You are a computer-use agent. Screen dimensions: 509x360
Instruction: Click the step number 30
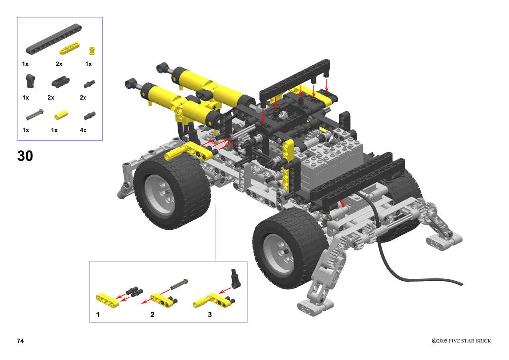25,156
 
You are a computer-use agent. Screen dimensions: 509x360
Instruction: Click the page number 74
20,341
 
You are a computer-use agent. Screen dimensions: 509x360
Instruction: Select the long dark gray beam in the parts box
54,39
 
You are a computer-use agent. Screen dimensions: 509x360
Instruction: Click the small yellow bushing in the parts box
92,50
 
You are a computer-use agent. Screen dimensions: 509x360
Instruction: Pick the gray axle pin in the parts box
35,114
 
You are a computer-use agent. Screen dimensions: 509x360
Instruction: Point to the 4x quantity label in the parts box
83,130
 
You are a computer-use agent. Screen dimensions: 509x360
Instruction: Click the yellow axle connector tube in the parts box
61,114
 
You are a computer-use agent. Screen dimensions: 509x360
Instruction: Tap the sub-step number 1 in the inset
98,315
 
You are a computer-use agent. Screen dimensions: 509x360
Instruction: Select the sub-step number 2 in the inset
152,315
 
